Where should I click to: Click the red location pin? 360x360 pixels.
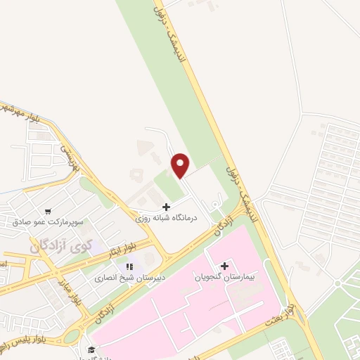181,165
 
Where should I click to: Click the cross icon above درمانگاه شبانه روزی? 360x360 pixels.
166,207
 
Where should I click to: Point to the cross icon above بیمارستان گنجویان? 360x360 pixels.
224,266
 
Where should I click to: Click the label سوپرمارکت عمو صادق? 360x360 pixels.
48,221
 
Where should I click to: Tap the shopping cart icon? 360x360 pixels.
47,210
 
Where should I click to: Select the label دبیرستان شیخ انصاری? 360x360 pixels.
130,278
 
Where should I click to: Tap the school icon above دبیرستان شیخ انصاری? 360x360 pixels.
129,266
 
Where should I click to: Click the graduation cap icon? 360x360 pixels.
91,350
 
